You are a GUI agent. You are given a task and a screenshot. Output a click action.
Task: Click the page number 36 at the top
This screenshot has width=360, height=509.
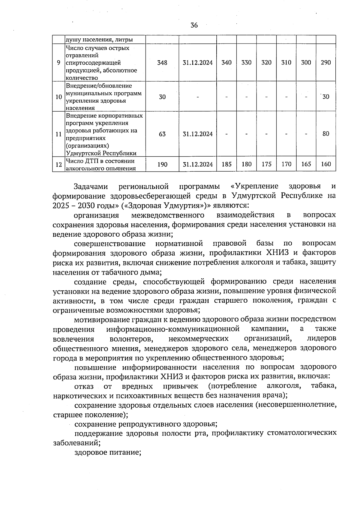click(194, 25)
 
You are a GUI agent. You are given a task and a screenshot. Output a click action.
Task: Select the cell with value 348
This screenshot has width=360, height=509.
click(162, 63)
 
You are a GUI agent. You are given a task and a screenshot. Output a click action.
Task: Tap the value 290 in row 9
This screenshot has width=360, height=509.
click(326, 63)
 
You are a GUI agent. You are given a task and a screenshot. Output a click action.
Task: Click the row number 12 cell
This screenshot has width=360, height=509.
click(59, 164)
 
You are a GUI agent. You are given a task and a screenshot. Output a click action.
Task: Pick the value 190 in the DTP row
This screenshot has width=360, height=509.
click(162, 164)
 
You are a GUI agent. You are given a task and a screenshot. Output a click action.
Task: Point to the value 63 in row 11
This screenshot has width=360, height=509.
click(162, 134)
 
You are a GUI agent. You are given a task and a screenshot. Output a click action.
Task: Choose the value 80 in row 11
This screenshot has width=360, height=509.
click(326, 134)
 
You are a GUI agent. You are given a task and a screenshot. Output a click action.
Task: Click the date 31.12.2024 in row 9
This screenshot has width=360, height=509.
click(198, 63)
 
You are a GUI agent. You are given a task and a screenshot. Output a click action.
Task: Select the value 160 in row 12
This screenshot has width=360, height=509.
click(326, 164)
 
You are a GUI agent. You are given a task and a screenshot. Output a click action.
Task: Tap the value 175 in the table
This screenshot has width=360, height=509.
click(266, 164)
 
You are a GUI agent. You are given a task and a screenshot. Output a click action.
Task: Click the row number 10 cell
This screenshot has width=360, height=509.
click(59, 97)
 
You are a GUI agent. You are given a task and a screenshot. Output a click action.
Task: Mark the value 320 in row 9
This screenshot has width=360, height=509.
click(266, 63)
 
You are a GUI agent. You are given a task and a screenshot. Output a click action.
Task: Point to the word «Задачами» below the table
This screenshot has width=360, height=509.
click(91, 187)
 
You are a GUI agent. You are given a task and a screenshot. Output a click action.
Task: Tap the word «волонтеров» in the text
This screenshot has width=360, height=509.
click(130, 339)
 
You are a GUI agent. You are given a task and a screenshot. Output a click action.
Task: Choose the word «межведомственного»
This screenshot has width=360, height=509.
click(168, 215)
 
